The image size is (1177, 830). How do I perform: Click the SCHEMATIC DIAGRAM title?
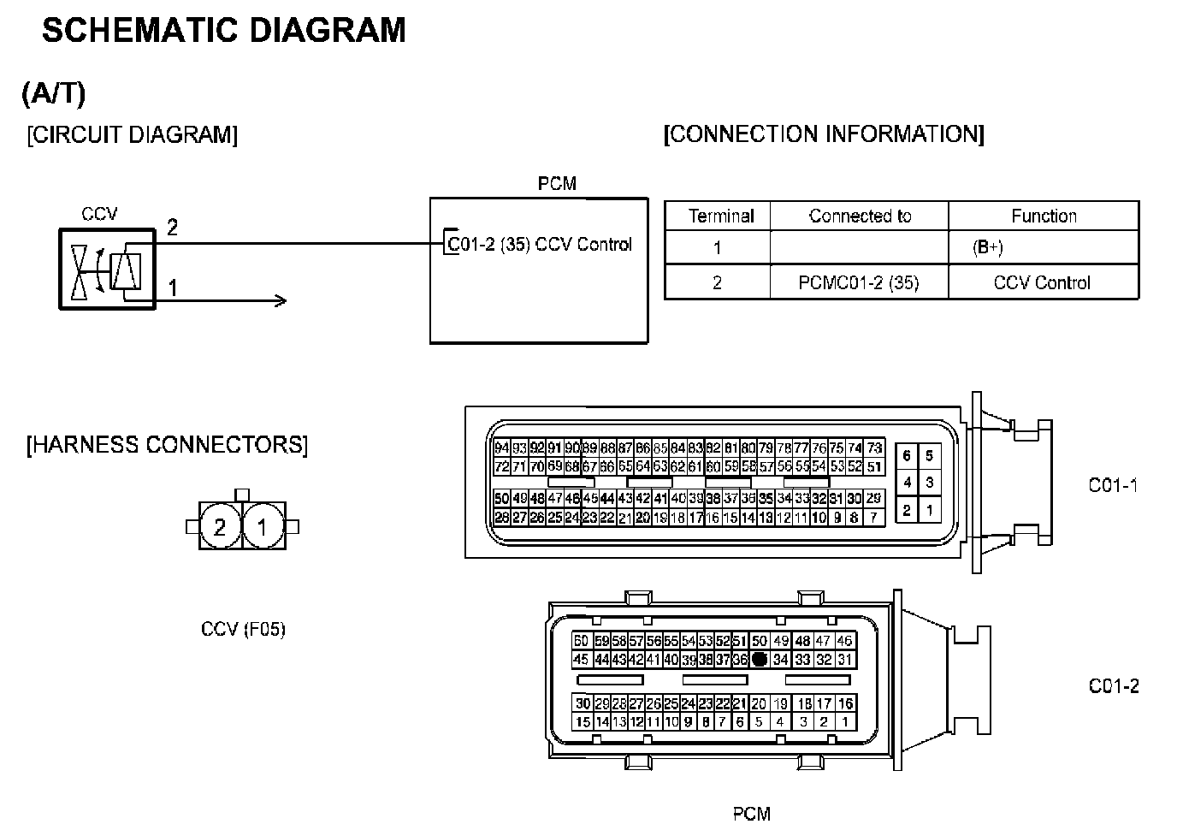(x=224, y=31)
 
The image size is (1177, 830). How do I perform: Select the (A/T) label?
(x=54, y=93)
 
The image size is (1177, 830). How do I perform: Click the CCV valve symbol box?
(x=106, y=269)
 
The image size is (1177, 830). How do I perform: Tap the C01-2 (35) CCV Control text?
(x=540, y=245)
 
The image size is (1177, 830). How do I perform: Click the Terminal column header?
(x=721, y=216)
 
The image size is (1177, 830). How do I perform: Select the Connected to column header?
(x=860, y=216)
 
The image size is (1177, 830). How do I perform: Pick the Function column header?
(x=1044, y=216)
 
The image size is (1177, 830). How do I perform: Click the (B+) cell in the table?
(x=988, y=248)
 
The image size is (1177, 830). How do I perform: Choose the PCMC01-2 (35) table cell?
(x=859, y=283)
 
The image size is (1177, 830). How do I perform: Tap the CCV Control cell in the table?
(x=1042, y=283)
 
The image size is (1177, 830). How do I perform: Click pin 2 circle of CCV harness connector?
(x=220, y=527)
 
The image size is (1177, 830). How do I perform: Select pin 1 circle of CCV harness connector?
(x=263, y=527)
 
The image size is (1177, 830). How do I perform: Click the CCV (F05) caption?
(x=243, y=630)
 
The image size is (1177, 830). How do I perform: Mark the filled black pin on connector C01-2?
(x=759, y=660)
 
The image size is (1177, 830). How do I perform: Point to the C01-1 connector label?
(x=1113, y=485)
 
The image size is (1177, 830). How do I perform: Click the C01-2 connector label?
(x=1114, y=686)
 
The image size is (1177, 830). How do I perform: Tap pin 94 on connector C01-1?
(x=502, y=448)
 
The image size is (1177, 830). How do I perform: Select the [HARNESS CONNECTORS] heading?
(x=167, y=445)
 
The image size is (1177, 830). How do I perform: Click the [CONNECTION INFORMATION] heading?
(x=824, y=134)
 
